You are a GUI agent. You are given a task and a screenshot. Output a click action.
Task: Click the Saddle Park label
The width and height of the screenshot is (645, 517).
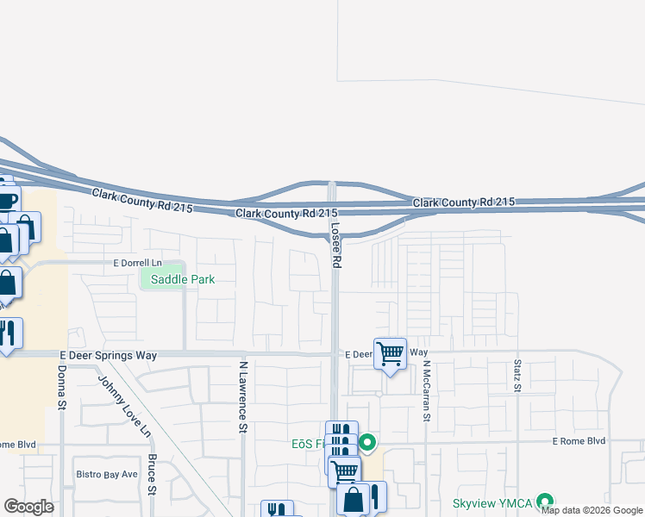coord(182,279)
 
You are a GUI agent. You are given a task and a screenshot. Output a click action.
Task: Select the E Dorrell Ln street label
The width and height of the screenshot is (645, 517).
coord(137,262)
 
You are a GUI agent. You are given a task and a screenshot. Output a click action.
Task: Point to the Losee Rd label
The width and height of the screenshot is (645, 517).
coord(336,242)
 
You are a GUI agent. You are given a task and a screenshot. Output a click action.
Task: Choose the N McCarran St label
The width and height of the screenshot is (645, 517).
coord(426,389)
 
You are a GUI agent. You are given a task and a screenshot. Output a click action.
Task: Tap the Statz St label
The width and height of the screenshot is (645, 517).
coord(517,376)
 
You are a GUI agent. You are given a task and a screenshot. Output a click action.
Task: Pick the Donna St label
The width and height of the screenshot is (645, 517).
coord(62,388)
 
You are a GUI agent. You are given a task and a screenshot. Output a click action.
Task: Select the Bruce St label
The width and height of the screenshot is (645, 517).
coord(152,475)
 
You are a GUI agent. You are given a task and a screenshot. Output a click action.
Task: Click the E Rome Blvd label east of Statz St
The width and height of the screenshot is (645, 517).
coord(579,440)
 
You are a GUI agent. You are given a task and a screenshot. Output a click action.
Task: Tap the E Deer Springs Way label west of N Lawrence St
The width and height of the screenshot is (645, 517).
coord(111,353)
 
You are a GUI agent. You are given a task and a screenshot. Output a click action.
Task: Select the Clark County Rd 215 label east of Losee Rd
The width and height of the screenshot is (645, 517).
coord(463,202)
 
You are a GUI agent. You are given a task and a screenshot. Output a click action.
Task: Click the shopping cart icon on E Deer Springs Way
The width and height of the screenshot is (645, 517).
coord(391,352)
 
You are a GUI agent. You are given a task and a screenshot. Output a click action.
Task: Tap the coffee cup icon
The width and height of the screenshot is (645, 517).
coord(6,201)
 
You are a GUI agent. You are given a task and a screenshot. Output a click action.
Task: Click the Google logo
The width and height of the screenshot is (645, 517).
coord(29,507)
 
